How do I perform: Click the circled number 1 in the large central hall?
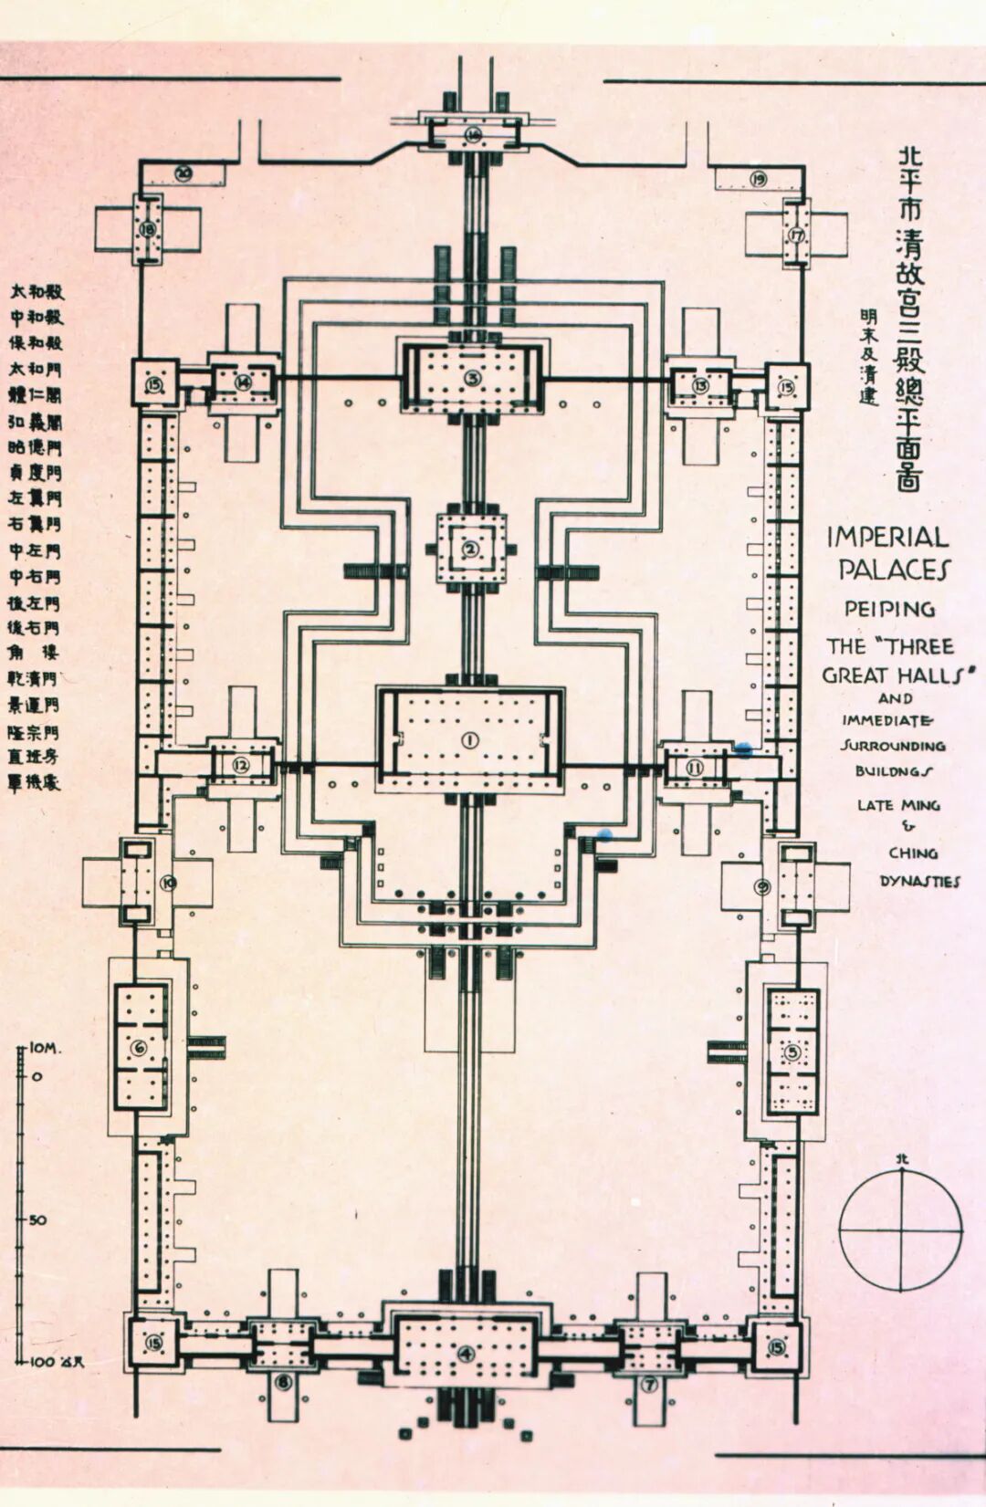pos(469,740)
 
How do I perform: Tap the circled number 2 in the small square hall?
pos(470,549)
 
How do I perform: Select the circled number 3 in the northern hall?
pos(471,378)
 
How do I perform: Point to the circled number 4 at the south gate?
pos(467,1354)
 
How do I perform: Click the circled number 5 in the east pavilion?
pos(792,1052)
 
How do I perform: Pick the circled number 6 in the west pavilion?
pos(139,1048)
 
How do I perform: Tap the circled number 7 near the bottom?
pos(649,1385)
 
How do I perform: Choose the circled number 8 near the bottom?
pos(283,1383)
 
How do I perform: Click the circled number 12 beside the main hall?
pos(241,766)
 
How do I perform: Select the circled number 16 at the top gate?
pos(473,135)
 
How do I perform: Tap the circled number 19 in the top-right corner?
pos(759,178)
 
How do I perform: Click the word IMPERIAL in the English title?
pos(887,537)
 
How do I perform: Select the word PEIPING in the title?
pos(888,608)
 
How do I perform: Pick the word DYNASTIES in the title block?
pos(919,881)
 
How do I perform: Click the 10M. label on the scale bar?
pos(46,1049)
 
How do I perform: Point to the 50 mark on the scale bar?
pos(37,1219)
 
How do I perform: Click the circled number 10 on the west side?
pos(168,882)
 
